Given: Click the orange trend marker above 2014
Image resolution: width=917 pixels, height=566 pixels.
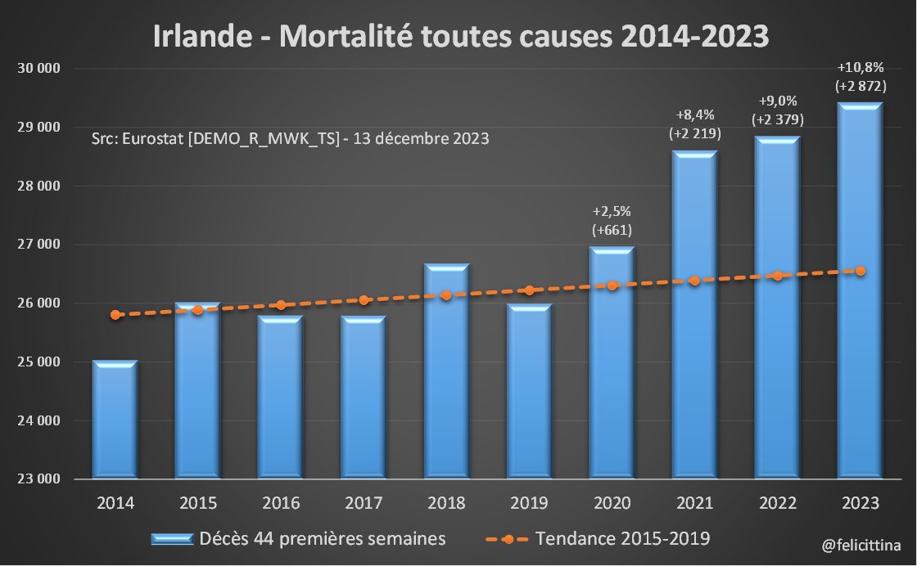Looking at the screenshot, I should tap(115, 315).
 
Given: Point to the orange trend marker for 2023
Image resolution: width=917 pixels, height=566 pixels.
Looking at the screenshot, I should tap(861, 271).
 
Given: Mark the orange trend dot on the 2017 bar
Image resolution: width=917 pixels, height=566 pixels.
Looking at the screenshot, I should tap(364, 300).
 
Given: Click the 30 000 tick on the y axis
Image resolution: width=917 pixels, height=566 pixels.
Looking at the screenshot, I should tap(39, 69).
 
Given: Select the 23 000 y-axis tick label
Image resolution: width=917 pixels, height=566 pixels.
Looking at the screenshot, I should tap(39, 480).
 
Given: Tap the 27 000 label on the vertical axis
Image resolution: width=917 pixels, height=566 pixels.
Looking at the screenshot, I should tap(39, 245).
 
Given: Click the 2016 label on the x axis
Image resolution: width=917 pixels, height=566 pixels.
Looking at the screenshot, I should tap(281, 502).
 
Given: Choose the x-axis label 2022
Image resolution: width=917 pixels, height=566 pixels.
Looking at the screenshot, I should tap(777, 502).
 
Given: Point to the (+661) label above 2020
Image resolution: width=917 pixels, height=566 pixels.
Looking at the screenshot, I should tap(612, 230).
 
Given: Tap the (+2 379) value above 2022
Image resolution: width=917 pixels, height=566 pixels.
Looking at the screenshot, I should tap(777, 119).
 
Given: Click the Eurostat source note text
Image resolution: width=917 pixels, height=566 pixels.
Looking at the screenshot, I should tap(291, 138).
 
